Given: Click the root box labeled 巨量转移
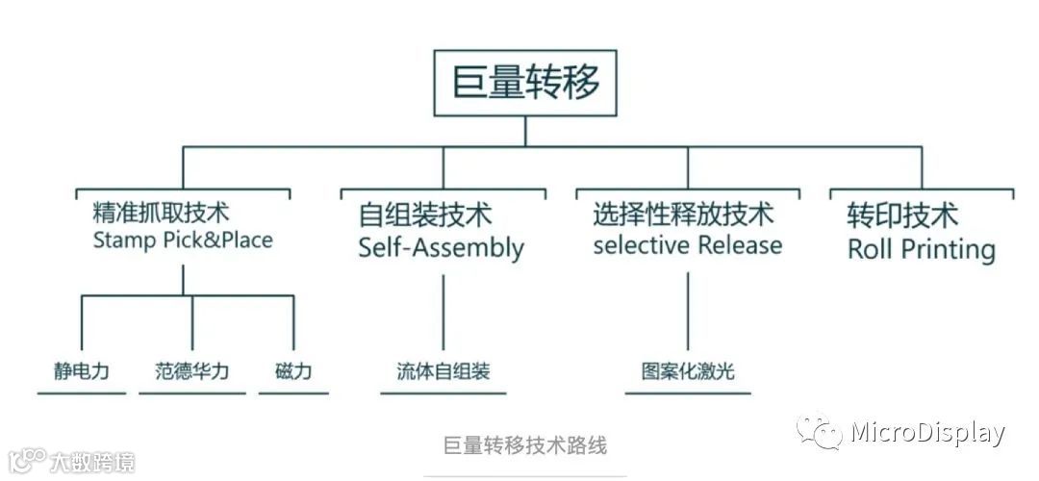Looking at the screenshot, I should pyautogui.click(x=525, y=83).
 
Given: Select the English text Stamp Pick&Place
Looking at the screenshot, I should pyautogui.click(x=183, y=240).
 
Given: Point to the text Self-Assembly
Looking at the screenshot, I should pyautogui.click(x=441, y=247).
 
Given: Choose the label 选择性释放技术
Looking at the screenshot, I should pyautogui.click(x=683, y=214).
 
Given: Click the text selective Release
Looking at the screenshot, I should pyautogui.click(x=687, y=244).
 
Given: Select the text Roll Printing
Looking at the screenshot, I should pyautogui.click(x=921, y=249).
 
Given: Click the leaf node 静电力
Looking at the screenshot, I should pyautogui.click(x=82, y=371).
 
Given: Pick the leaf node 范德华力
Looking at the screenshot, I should pyautogui.click(x=192, y=371).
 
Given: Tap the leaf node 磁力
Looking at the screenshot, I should pyautogui.click(x=293, y=371).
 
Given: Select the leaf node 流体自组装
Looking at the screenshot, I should pyautogui.click(x=443, y=371).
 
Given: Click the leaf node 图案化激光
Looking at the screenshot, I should pyautogui.click(x=688, y=371).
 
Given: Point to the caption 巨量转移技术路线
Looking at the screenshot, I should pyautogui.click(x=525, y=445).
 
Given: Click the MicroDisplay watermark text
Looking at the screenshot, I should pyautogui.click(x=927, y=433).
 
